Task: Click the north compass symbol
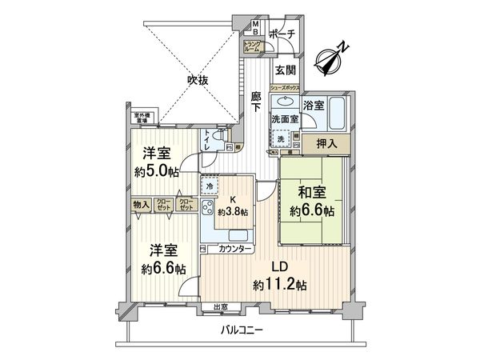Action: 331,58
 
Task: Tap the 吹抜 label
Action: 197,80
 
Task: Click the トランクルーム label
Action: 252,46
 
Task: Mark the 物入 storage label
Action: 139,205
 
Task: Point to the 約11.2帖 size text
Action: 278,284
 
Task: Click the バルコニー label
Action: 243,330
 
